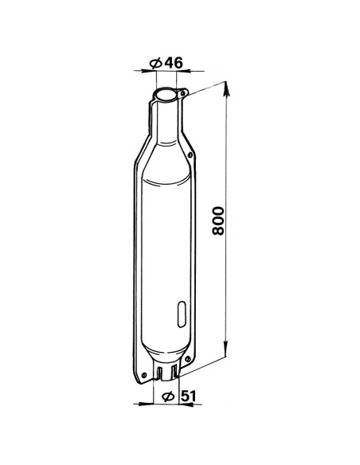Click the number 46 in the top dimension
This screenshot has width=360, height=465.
(174, 63)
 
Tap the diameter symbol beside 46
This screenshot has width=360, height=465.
(156, 63)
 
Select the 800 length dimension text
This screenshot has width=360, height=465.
(218, 221)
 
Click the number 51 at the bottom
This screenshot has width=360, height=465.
(189, 397)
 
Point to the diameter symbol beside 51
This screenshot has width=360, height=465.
(168, 397)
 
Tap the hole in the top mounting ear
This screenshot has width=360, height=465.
(183, 94)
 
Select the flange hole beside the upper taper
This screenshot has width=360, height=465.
(190, 154)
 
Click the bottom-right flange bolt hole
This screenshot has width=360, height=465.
(187, 359)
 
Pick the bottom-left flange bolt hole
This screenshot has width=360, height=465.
(144, 375)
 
